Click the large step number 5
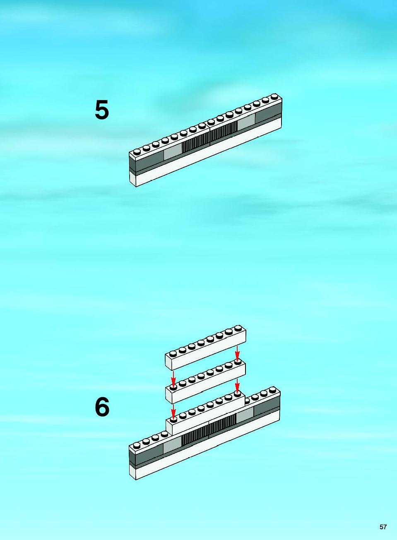coord(102,110)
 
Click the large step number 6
coord(102,407)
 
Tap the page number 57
coord(383,527)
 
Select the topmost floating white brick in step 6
coord(205,348)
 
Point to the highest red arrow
coord(237,353)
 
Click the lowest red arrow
coord(173,412)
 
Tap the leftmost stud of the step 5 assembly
coord(137,151)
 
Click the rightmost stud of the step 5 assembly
coord(274,96)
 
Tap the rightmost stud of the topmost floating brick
coord(238,328)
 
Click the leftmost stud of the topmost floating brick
coord(173,353)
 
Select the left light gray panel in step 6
coord(172,449)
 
